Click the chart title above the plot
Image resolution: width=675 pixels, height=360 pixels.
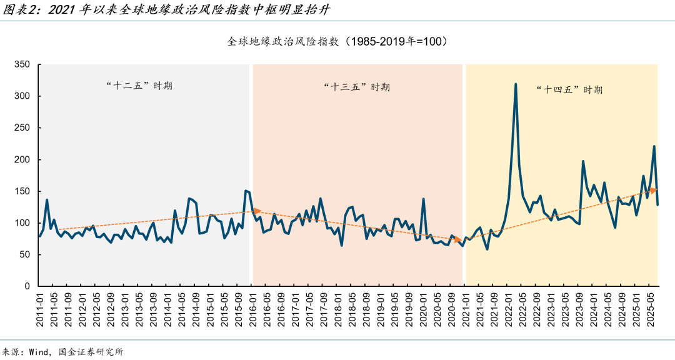(x=337, y=42)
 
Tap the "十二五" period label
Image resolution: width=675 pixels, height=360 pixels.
(x=139, y=86)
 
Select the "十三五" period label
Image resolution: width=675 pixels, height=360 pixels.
(x=357, y=87)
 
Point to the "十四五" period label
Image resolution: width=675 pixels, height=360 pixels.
(x=569, y=89)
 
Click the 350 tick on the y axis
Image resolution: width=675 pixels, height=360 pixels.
(x=22, y=64)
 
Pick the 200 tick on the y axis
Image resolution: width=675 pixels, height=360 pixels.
(x=22, y=159)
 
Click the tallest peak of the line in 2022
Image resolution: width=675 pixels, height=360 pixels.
(x=516, y=84)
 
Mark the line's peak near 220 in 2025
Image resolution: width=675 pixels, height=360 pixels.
(x=654, y=146)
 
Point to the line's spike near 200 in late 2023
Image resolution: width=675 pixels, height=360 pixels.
(x=583, y=161)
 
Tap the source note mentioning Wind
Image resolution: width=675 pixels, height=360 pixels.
(x=62, y=351)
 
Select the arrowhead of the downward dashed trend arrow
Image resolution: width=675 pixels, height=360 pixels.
(x=461, y=237)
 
